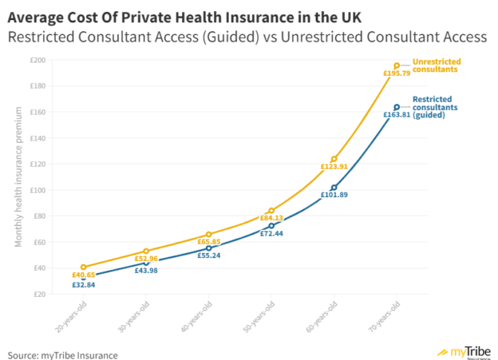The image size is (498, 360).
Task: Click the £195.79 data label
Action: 397,74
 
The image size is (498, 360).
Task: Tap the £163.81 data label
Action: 397,115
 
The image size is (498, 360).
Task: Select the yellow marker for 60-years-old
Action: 334,159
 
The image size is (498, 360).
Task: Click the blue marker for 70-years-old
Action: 397,107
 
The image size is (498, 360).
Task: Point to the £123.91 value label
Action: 334,167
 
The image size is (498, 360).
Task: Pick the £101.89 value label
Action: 334,195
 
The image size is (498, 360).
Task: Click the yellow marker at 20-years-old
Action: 83,267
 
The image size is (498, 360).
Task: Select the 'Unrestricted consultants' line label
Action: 436,65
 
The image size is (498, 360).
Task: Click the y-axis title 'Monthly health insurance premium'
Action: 18,176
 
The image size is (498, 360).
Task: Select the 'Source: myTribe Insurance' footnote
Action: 63,354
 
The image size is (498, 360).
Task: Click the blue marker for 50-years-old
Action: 271,226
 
